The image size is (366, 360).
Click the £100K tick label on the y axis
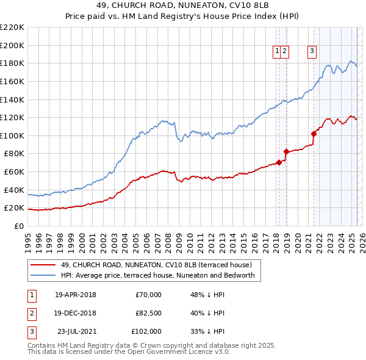point(12,135)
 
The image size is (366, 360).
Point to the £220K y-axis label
point(12,27)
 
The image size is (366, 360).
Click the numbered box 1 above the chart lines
point(278,51)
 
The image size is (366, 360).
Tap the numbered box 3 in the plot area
point(312,51)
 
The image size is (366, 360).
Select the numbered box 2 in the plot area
point(285,51)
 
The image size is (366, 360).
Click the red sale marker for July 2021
point(314,134)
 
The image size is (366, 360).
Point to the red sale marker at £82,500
point(286,151)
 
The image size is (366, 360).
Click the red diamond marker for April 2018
point(279,162)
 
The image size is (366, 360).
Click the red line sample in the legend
point(43,265)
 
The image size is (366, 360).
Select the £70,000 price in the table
point(148,295)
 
